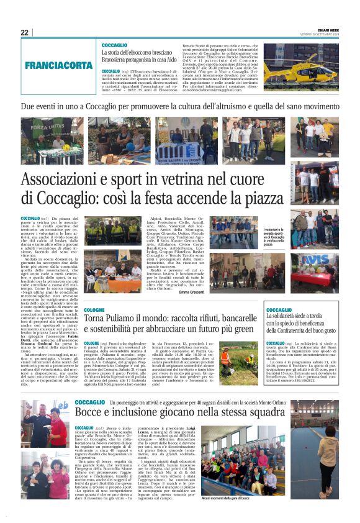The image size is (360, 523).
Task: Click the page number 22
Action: pos(24,32)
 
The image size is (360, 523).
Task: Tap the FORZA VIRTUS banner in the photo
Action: pos(52,129)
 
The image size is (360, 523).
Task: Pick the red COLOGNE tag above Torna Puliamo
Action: pos(94,309)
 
